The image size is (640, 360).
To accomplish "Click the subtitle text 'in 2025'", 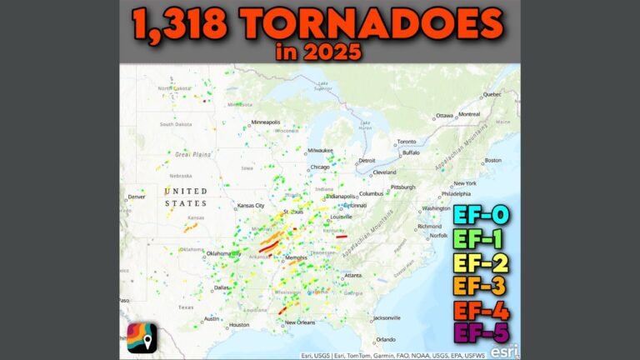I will tap(320, 51).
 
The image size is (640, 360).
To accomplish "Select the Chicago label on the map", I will tap(318, 167).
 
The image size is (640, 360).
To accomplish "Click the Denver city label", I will tap(136, 197).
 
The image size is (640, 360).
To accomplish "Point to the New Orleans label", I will tap(302, 322).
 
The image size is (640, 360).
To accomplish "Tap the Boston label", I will tap(493, 160).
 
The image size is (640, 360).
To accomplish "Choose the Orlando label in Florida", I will tap(385, 339).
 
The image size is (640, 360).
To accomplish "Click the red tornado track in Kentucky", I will tap(342, 237).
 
